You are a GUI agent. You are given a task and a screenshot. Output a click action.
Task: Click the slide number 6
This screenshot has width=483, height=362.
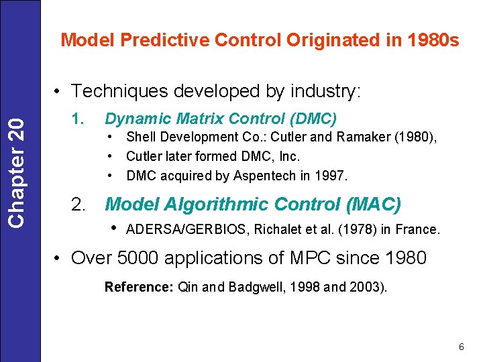tap(461, 347)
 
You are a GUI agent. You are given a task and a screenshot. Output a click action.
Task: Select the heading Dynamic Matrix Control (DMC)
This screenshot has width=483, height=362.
tap(221, 119)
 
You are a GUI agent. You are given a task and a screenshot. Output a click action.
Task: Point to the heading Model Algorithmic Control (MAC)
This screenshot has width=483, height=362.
tap(254, 204)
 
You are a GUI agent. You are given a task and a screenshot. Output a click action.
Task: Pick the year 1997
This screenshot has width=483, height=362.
tap(334, 176)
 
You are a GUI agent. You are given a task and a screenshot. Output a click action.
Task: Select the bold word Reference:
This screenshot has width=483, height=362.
tap(139, 287)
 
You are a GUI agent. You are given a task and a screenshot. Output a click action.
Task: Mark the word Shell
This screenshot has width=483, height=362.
tap(140, 137)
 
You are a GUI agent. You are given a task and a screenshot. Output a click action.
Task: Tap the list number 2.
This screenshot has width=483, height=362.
tap(78, 204)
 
